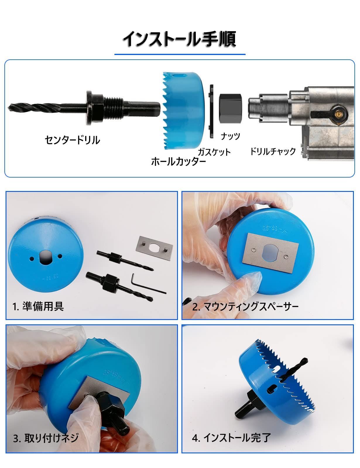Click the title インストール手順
(179, 39)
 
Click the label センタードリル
(72, 140)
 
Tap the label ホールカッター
(179, 161)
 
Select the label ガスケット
(214, 152)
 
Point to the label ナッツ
(230, 136)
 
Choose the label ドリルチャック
(273, 151)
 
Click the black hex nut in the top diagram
(231, 108)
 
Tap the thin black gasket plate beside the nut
(211, 111)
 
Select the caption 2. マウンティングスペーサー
(245, 307)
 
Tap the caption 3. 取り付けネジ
(46, 438)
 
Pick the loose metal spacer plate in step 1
(154, 247)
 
